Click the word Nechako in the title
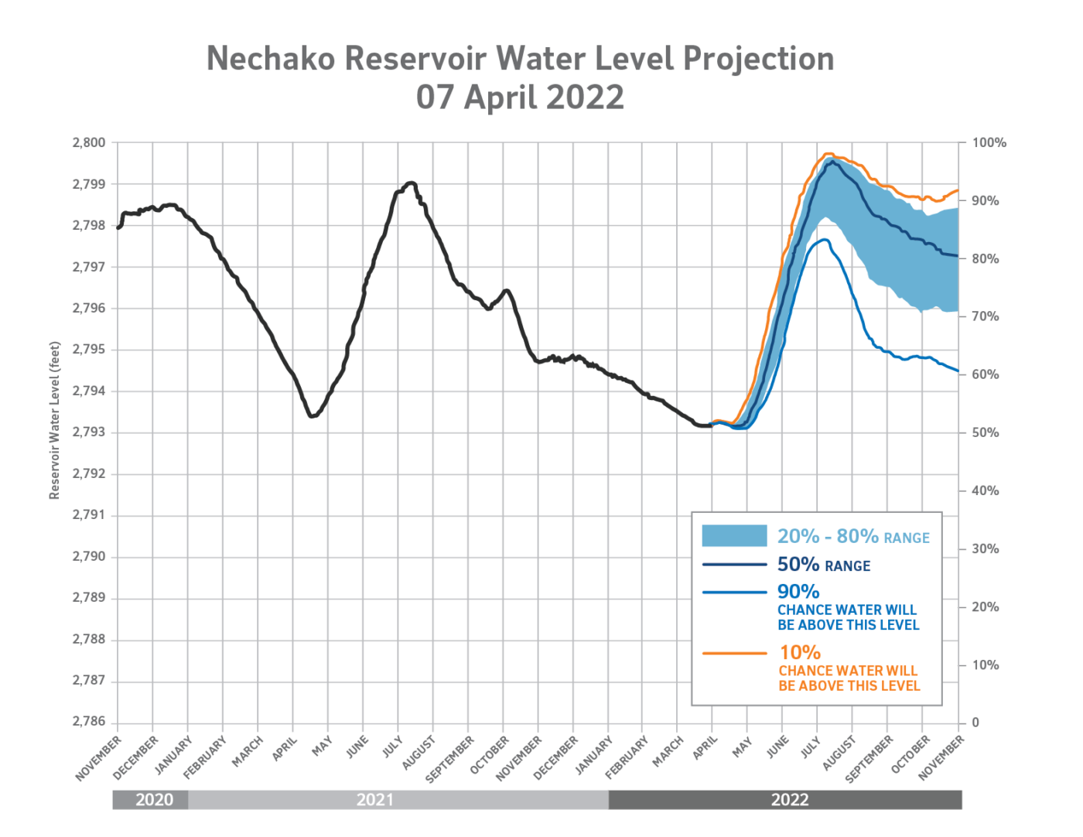[x=270, y=59]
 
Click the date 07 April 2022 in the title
[x=520, y=97]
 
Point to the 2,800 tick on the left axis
[x=88, y=143]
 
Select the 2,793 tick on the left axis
[x=88, y=432]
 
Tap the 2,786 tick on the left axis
[x=88, y=722]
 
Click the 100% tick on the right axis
[x=989, y=143]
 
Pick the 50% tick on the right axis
[x=985, y=432]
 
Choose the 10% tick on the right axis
[x=985, y=664]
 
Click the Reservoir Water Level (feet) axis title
[x=55, y=419]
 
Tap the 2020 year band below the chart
[x=154, y=800]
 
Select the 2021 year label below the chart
[x=375, y=800]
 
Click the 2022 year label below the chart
[x=789, y=800]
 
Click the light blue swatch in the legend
[x=734, y=536]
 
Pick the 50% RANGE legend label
[x=824, y=565]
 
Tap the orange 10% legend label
[x=800, y=652]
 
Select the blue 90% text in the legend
[x=798, y=592]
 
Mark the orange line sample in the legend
[x=734, y=654]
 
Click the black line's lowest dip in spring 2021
[x=313, y=417]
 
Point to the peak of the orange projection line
[x=829, y=153]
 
